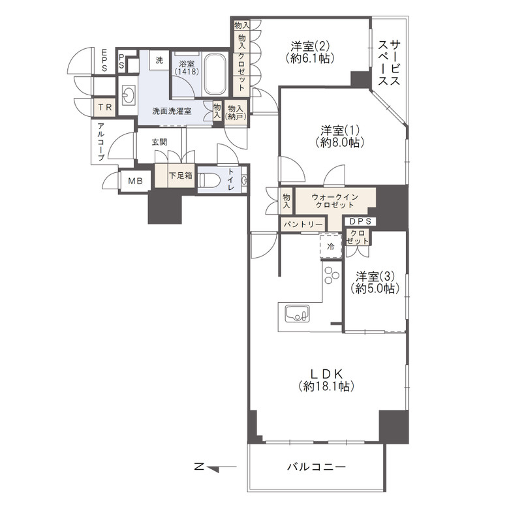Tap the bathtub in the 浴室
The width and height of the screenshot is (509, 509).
click(x=214, y=73)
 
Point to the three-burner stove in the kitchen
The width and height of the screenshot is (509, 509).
click(x=332, y=275)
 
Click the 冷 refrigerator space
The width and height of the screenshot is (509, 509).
click(x=331, y=247)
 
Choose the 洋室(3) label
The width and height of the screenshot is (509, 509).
click(x=374, y=281)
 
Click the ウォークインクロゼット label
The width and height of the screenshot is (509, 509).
click(x=335, y=200)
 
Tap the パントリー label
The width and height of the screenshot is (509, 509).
click(x=302, y=224)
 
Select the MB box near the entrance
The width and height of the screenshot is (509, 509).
click(x=135, y=181)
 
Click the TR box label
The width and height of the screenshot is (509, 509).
click(x=104, y=107)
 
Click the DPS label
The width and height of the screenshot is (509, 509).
click(x=358, y=221)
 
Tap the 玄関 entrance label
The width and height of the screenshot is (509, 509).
click(x=159, y=142)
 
